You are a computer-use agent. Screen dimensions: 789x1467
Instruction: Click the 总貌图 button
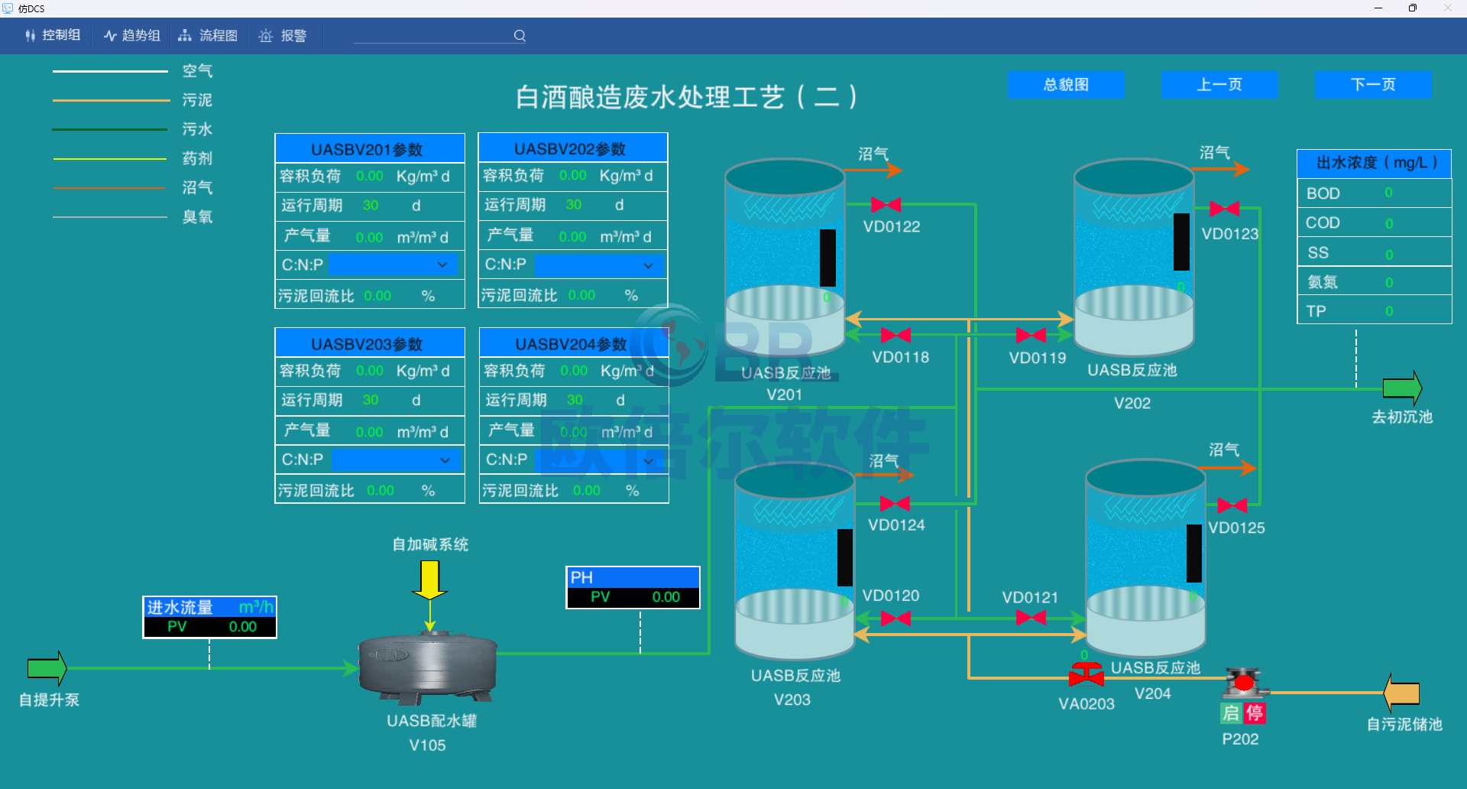[1066, 85]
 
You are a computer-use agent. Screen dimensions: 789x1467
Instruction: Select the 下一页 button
[1373, 85]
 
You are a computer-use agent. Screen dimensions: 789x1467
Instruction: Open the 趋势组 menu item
[132, 35]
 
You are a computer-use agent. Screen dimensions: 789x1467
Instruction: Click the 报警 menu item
[283, 35]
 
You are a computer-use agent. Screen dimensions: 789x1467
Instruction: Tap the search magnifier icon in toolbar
[520, 35]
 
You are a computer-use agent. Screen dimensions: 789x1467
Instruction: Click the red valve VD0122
[886, 205]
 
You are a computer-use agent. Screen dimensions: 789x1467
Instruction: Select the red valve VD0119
[1031, 335]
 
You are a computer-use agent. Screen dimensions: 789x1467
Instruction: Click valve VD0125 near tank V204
[1232, 505]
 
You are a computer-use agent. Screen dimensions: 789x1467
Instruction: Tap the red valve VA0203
[1086, 676]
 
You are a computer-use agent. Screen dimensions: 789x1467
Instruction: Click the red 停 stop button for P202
[1255, 713]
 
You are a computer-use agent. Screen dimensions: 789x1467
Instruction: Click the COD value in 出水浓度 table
[1389, 223]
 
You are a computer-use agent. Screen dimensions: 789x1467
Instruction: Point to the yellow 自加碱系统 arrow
[429, 580]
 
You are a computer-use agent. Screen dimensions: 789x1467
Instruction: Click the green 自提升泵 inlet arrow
[47, 668]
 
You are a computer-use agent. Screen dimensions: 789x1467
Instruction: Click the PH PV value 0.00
[665, 597]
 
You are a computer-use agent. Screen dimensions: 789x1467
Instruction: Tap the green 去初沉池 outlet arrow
[1402, 388]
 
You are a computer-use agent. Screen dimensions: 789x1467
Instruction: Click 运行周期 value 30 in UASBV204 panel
[575, 400]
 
